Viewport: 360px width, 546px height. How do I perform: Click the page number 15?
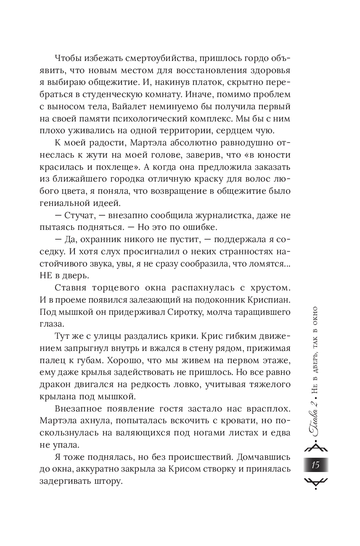tap(315, 465)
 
